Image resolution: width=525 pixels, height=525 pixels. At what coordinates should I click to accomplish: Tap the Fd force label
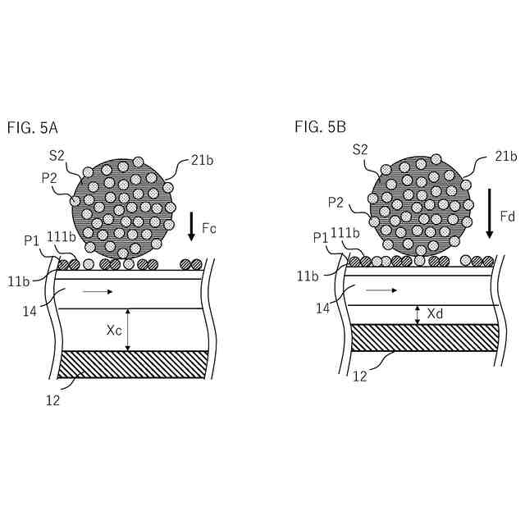(507, 217)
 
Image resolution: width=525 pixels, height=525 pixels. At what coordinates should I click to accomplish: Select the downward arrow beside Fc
(192, 226)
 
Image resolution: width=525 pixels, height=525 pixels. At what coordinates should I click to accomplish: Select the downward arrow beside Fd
(489, 212)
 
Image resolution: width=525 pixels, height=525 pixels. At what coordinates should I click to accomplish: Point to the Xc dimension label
(115, 330)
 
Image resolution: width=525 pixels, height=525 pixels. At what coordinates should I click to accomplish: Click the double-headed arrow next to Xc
(128, 330)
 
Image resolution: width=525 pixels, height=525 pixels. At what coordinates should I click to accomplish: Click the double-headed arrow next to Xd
(418, 314)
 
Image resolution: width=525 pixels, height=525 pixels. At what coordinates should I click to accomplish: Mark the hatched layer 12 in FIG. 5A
(131, 364)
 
